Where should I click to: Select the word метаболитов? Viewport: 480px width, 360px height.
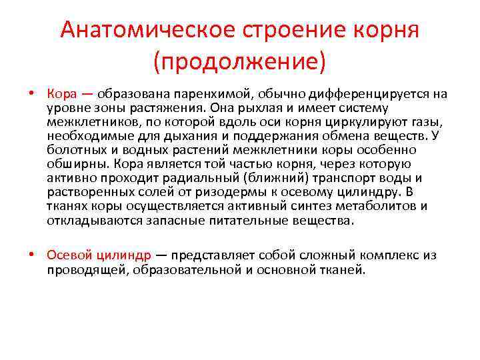pyautogui.click(x=380, y=206)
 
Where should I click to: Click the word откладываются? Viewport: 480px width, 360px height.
pyautogui.click(x=89, y=221)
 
